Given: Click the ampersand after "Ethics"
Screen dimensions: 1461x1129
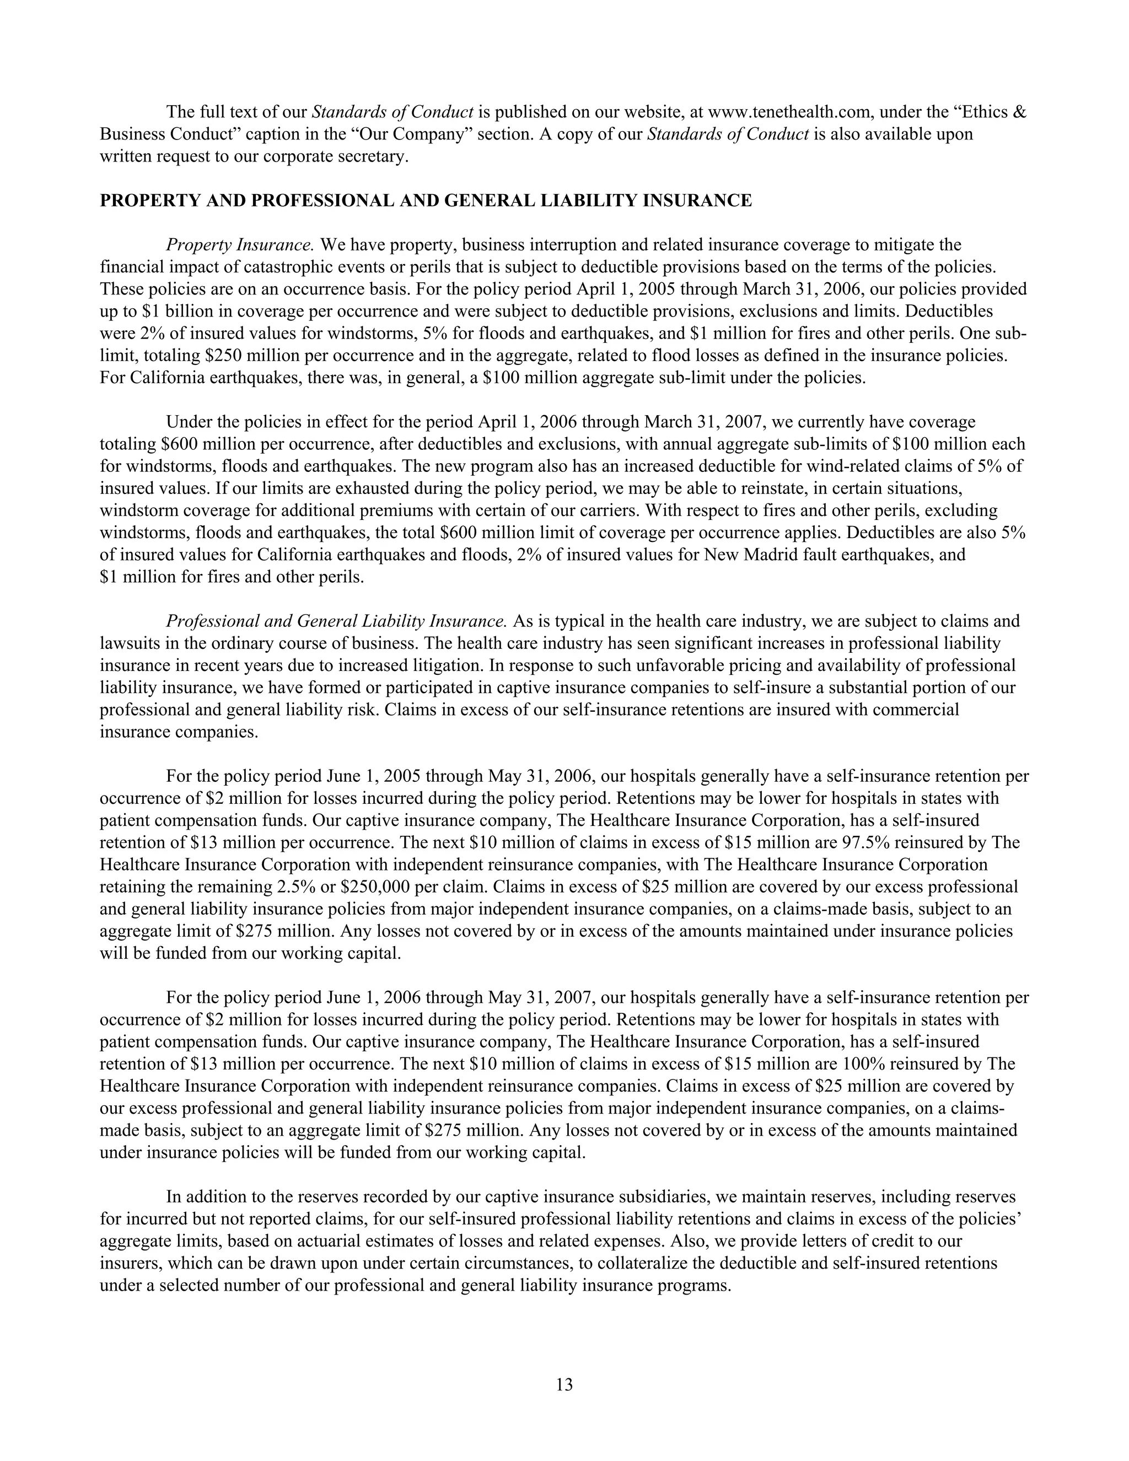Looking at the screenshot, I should click(x=1019, y=112).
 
